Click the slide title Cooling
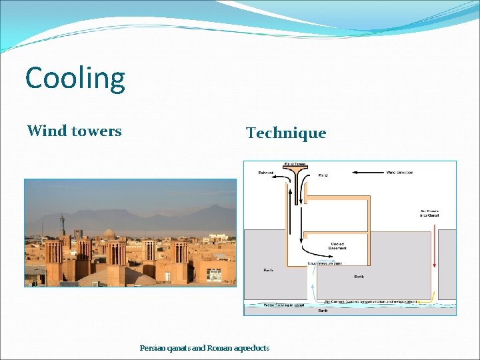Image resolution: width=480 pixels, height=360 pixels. coord(75,78)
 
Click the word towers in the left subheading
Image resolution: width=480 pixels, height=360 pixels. coord(97,131)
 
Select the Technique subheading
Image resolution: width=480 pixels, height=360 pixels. coord(286,133)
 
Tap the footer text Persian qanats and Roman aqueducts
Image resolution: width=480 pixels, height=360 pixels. coord(205,348)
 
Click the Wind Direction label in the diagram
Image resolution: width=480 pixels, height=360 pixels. coord(400,173)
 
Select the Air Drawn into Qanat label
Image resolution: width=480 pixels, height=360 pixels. coord(429,213)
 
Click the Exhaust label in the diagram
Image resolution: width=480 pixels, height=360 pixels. coord(266,173)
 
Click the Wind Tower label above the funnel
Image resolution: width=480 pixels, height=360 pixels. coord(295,164)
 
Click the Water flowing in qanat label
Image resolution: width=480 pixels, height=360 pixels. coord(285,305)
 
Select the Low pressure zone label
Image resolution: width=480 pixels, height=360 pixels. coord(324,263)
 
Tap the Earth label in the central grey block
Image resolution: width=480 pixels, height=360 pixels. coord(359,276)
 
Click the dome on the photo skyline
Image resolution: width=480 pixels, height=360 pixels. coord(109,233)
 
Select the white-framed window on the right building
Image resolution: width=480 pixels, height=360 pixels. coord(215,274)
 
